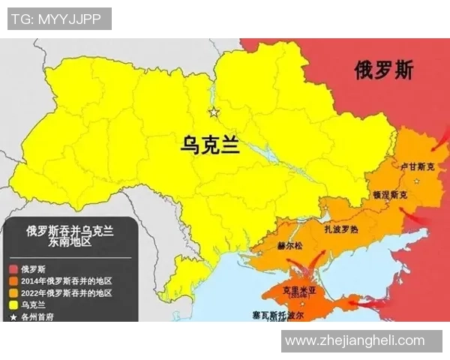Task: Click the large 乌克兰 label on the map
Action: coord(210,144)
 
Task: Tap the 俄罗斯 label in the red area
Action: coord(384,72)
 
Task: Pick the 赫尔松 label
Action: coord(289,246)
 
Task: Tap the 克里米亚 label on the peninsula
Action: coord(300,288)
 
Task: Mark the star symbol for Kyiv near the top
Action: coord(214,112)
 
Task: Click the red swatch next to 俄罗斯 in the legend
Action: coord(13,268)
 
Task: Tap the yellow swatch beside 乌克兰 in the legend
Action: coord(13,304)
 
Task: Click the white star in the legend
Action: coord(13,316)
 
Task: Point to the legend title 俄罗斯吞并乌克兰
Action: coord(70,231)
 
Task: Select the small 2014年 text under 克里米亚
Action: coord(300,297)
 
